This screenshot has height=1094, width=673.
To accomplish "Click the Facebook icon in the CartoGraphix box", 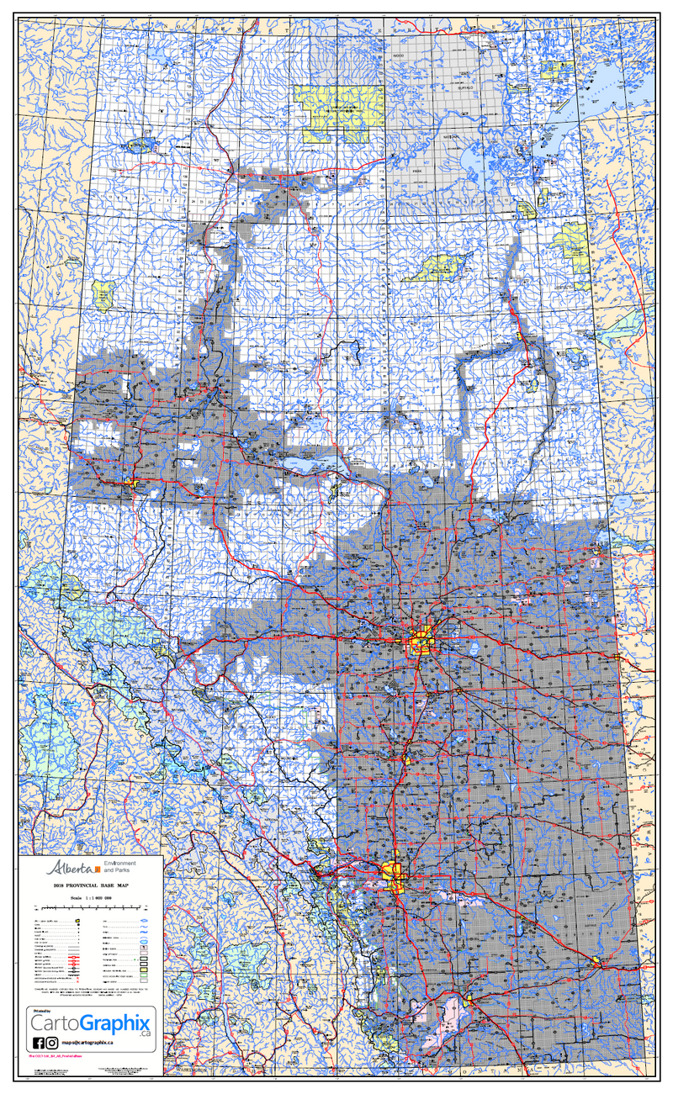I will [37, 1043].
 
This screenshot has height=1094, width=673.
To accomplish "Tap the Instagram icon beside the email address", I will [52, 1043].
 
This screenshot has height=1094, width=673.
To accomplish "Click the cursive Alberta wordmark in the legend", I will [71, 867].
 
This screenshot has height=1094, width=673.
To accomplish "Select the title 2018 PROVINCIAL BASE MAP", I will [91, 886].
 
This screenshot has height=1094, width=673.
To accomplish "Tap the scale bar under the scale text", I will [91, 908].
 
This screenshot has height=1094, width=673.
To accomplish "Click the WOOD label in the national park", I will [399, 55].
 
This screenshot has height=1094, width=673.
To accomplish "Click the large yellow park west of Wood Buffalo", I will [341, 112].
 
